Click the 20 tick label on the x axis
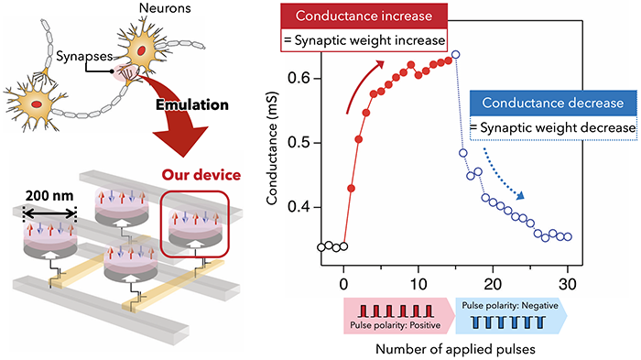(493, 282)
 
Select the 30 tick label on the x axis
(568, 282)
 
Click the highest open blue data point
(455, 55)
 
